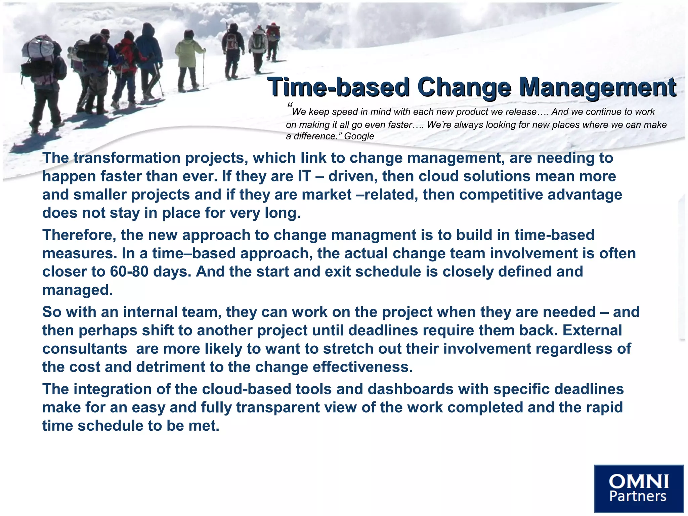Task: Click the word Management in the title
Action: click(597, 87)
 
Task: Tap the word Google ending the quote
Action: click(359, 136)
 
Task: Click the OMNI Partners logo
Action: click(639, 488)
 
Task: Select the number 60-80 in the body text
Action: click(129, 271)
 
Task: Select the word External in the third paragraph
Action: click(592, 330)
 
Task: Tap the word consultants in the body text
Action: click(85, 349)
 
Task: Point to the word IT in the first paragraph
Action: click(304, 176)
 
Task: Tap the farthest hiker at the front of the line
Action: click(273, 40)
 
